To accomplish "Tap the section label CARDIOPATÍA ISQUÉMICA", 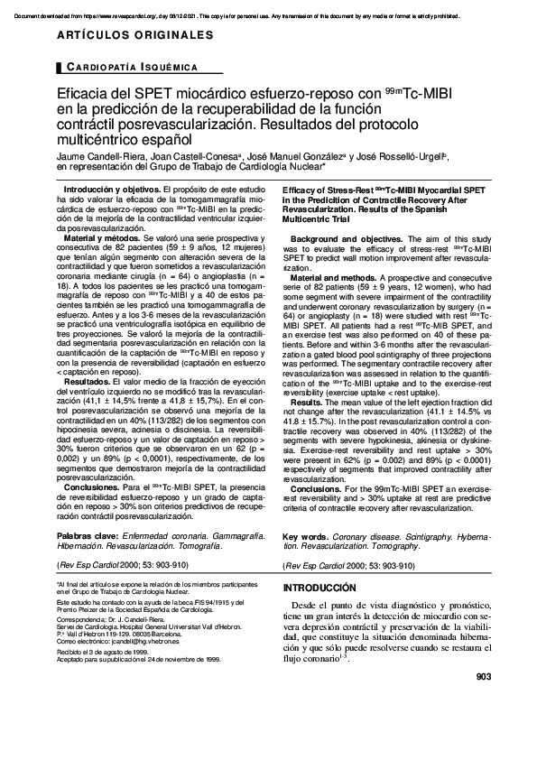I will pos(128,69).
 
